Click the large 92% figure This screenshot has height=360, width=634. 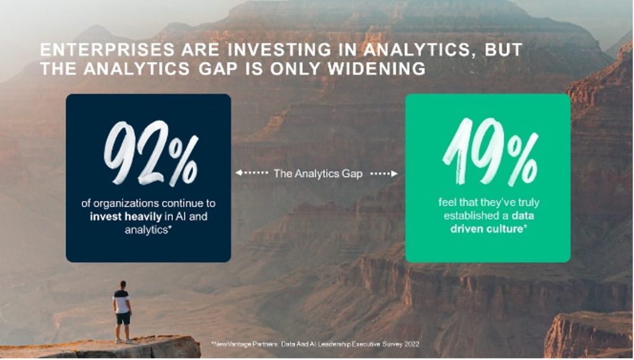(151, 153)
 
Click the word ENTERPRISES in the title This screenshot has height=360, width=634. (108, 50)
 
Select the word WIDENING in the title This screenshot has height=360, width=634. (376, 69)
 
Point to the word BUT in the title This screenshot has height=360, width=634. (503, 50)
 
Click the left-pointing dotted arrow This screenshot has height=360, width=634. (251, 173)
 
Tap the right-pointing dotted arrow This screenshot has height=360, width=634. (384, 173)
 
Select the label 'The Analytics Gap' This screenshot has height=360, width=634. (318, 173)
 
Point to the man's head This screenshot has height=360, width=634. (122, 284)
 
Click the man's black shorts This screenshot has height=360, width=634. (123, 318)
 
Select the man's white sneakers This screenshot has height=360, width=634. (124, 341)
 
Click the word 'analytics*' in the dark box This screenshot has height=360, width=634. (146, 230)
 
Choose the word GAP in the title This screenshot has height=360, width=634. (217, 69)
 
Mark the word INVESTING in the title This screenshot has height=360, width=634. (279, 50)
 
